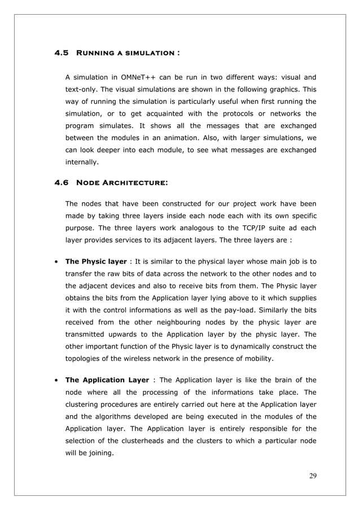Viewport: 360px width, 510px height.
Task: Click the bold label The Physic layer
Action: point(96,261)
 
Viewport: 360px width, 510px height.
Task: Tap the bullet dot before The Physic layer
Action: point(56,261)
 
